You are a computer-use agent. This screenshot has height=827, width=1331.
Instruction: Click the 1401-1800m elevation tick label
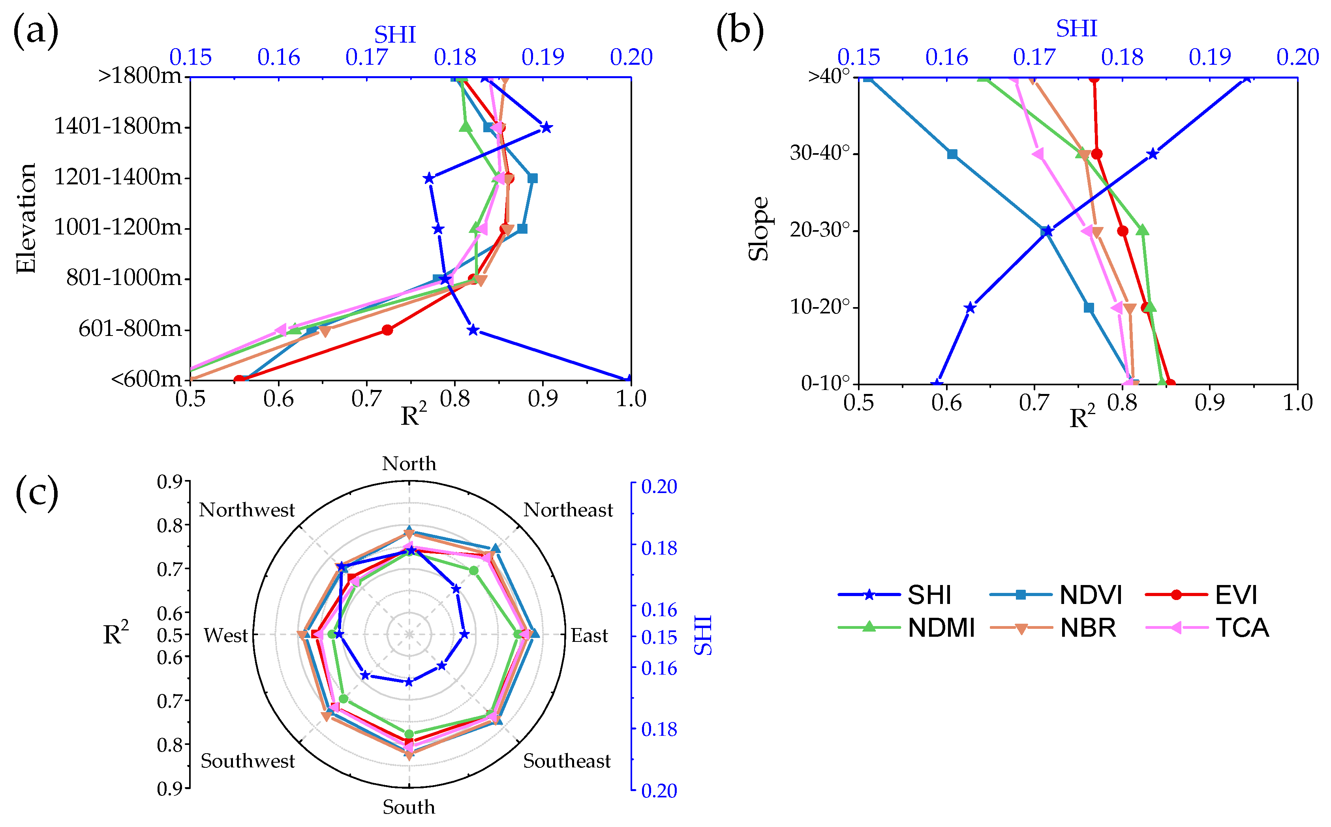point(118,126)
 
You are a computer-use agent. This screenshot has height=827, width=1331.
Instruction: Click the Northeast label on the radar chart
point(568,510)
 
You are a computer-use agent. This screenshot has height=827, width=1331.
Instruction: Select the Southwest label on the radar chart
point(247,761)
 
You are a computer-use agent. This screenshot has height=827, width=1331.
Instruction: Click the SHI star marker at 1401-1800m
point(545,128)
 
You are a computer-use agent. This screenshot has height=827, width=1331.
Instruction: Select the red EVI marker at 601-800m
point(387,330)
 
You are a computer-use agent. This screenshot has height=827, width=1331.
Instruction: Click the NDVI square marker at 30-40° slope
point(952,154)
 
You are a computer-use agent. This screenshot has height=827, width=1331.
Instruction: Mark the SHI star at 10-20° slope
point(970,308)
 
